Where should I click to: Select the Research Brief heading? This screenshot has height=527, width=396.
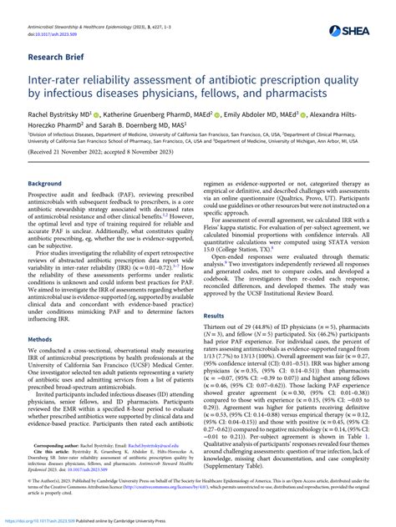(x=58, y=59)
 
